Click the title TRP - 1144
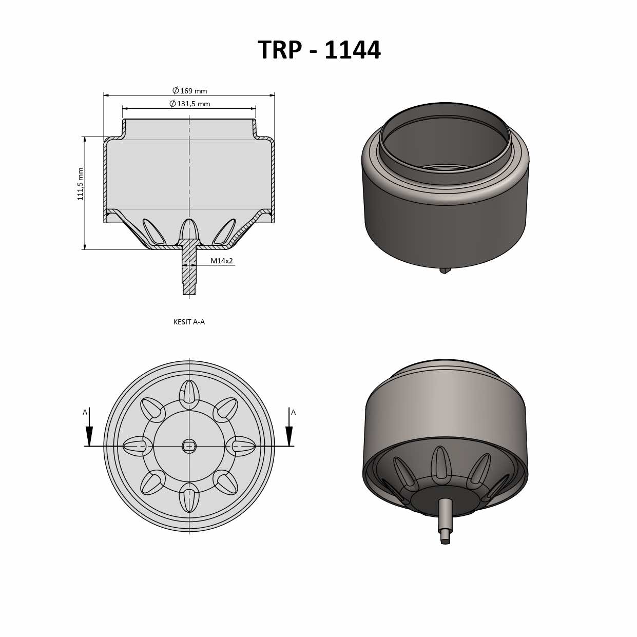(x=319, y=50)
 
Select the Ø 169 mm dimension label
(x=190, y=91)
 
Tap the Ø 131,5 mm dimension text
(x=190, y=104)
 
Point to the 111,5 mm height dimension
(x=81, y=184)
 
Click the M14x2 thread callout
(x=221, y=261)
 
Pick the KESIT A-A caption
(x=189, y=322)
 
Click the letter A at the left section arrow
(x=85, y=412)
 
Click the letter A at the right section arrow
(x=293, y=412)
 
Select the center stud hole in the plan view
(x=189, y=446)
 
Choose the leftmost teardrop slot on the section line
(x=137, y=446)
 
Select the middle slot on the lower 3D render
(x=441, y=464)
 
